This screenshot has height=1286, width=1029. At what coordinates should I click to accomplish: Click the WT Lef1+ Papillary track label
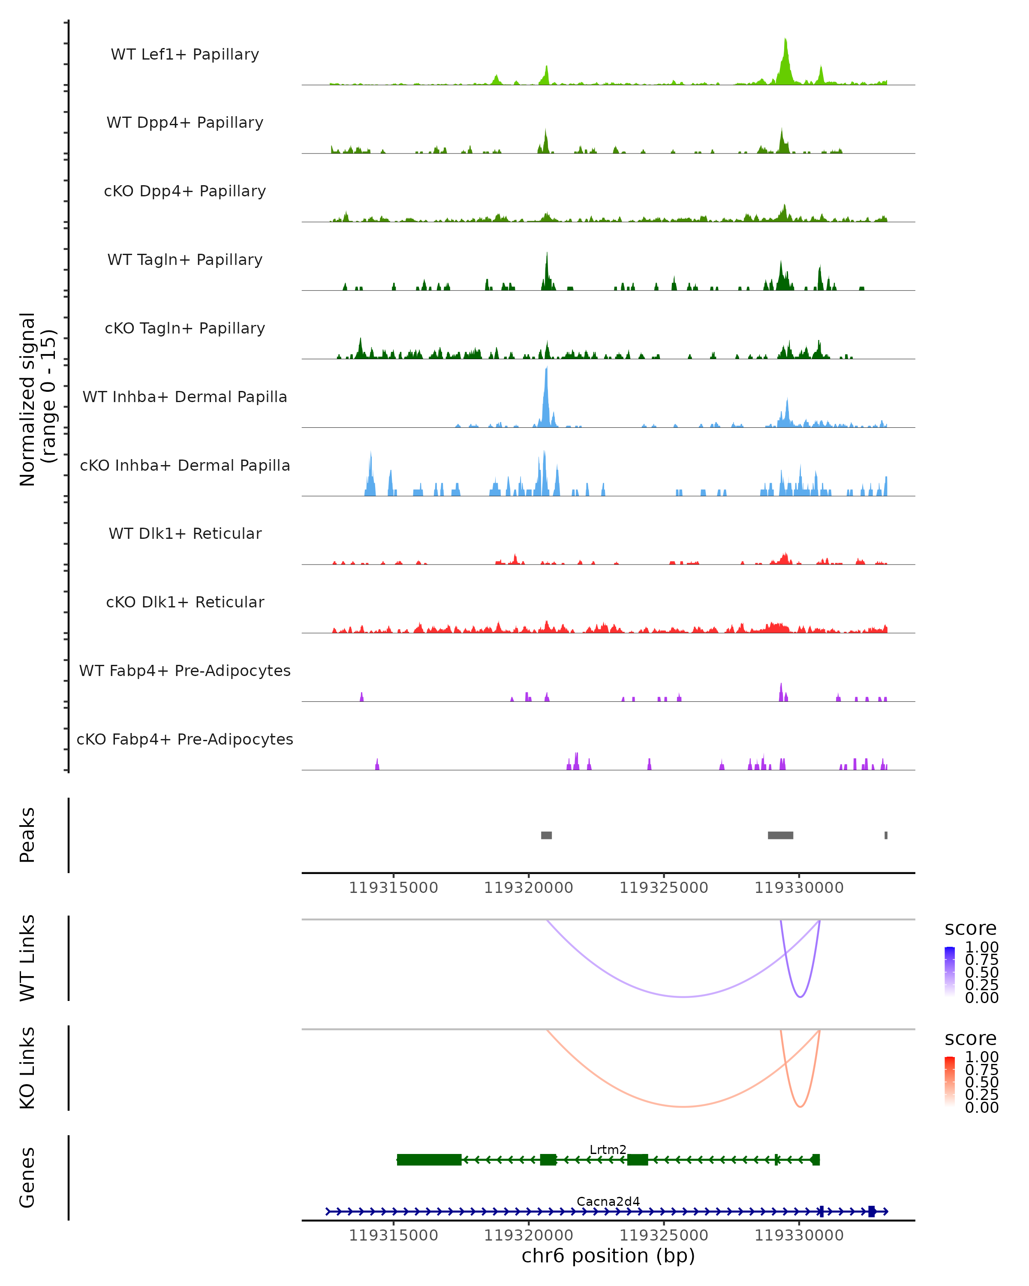[185, 54]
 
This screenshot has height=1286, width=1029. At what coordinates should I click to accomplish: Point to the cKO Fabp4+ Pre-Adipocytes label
[185, 739]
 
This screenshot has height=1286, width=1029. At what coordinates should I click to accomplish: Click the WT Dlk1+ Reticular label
[185, 533]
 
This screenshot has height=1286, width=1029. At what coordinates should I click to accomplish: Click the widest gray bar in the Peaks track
[780, 835]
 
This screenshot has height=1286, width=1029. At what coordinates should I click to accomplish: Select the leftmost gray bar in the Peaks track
[546, 835]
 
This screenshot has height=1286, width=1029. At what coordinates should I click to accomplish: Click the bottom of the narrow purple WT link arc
[800, 997]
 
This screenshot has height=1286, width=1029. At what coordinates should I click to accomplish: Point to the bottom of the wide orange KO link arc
[683, 1106]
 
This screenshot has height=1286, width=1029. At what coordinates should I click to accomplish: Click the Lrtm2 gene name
[608, 1149]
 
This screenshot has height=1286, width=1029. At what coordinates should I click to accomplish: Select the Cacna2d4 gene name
[608, 1201]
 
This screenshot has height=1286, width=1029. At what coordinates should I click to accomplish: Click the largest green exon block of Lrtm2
[429, 1160]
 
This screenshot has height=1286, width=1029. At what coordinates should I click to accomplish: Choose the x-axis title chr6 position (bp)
[608, 1256]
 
